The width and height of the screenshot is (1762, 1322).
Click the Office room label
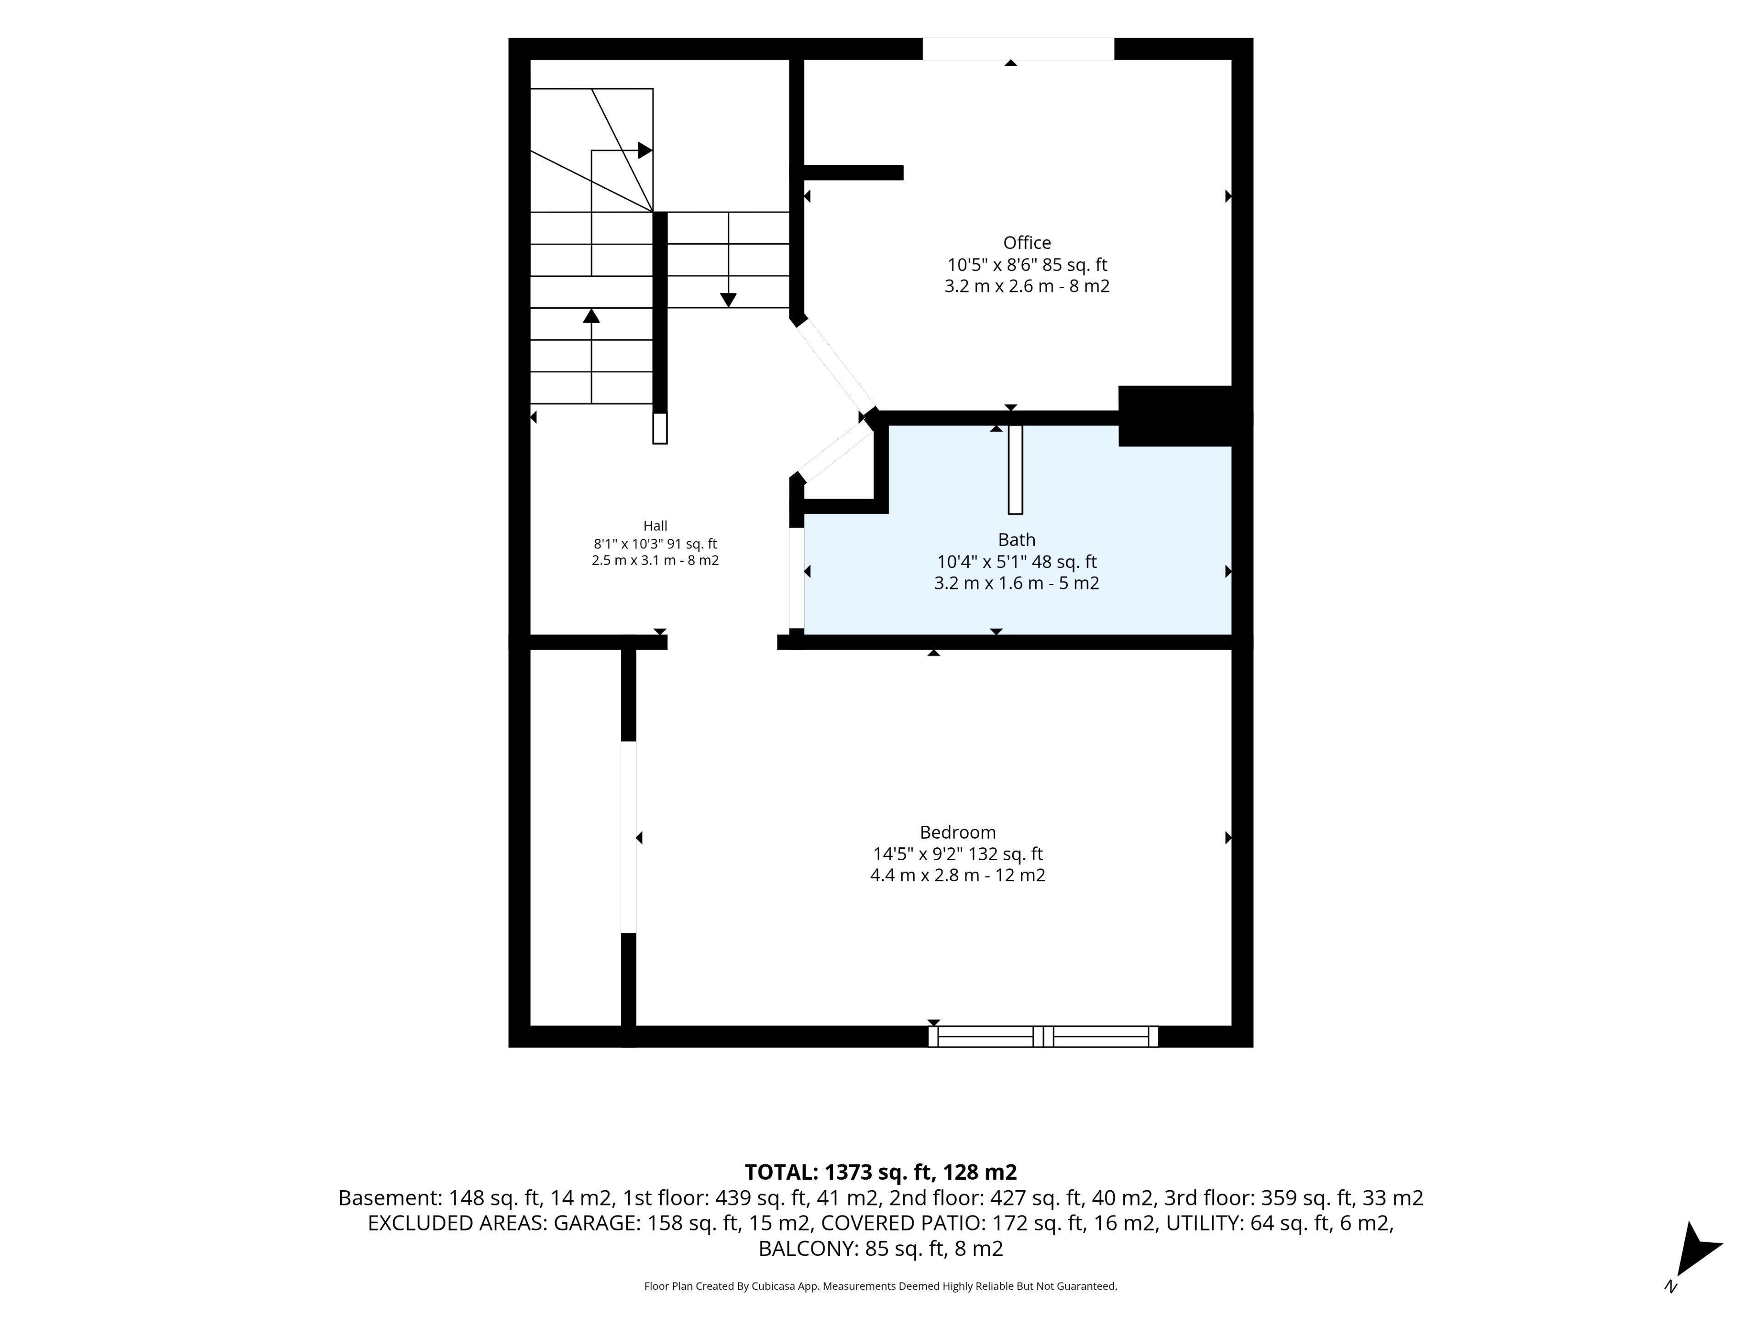click(1027, 243)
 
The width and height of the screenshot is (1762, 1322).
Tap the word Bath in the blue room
click(1016, 540)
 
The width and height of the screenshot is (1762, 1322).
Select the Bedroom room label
click(958, 833)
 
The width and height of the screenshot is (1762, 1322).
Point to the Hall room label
click(655, 526)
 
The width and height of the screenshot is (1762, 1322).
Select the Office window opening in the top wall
click(1018, 49)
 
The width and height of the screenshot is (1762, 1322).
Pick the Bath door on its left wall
click(797, 578)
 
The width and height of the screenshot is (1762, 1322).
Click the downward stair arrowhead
click(728, 300)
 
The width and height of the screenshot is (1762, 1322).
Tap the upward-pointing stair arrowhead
click(591, 315)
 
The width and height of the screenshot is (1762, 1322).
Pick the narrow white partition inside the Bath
click(1015, 469)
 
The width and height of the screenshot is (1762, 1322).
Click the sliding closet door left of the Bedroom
click(629, 837)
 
